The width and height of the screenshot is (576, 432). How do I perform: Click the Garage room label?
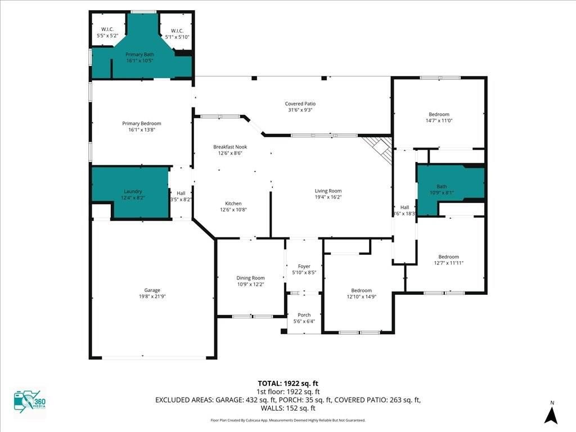(152, 290)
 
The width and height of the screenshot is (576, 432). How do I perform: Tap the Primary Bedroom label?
(142, 123)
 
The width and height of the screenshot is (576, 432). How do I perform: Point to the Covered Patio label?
(300, 103)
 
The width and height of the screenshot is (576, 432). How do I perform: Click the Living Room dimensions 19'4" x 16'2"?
(328, 197)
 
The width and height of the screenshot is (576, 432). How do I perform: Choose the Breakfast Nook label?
(229, 147)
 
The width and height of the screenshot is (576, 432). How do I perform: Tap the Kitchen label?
(233, 204)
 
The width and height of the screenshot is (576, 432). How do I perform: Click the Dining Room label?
(250, 278)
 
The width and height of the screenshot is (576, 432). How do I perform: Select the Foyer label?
(304, 266)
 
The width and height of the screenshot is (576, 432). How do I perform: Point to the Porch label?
(304, 315)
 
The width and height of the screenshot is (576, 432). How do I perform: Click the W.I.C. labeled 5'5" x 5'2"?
(107, 33)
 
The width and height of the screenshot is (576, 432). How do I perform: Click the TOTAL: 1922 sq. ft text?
(287, 383)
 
